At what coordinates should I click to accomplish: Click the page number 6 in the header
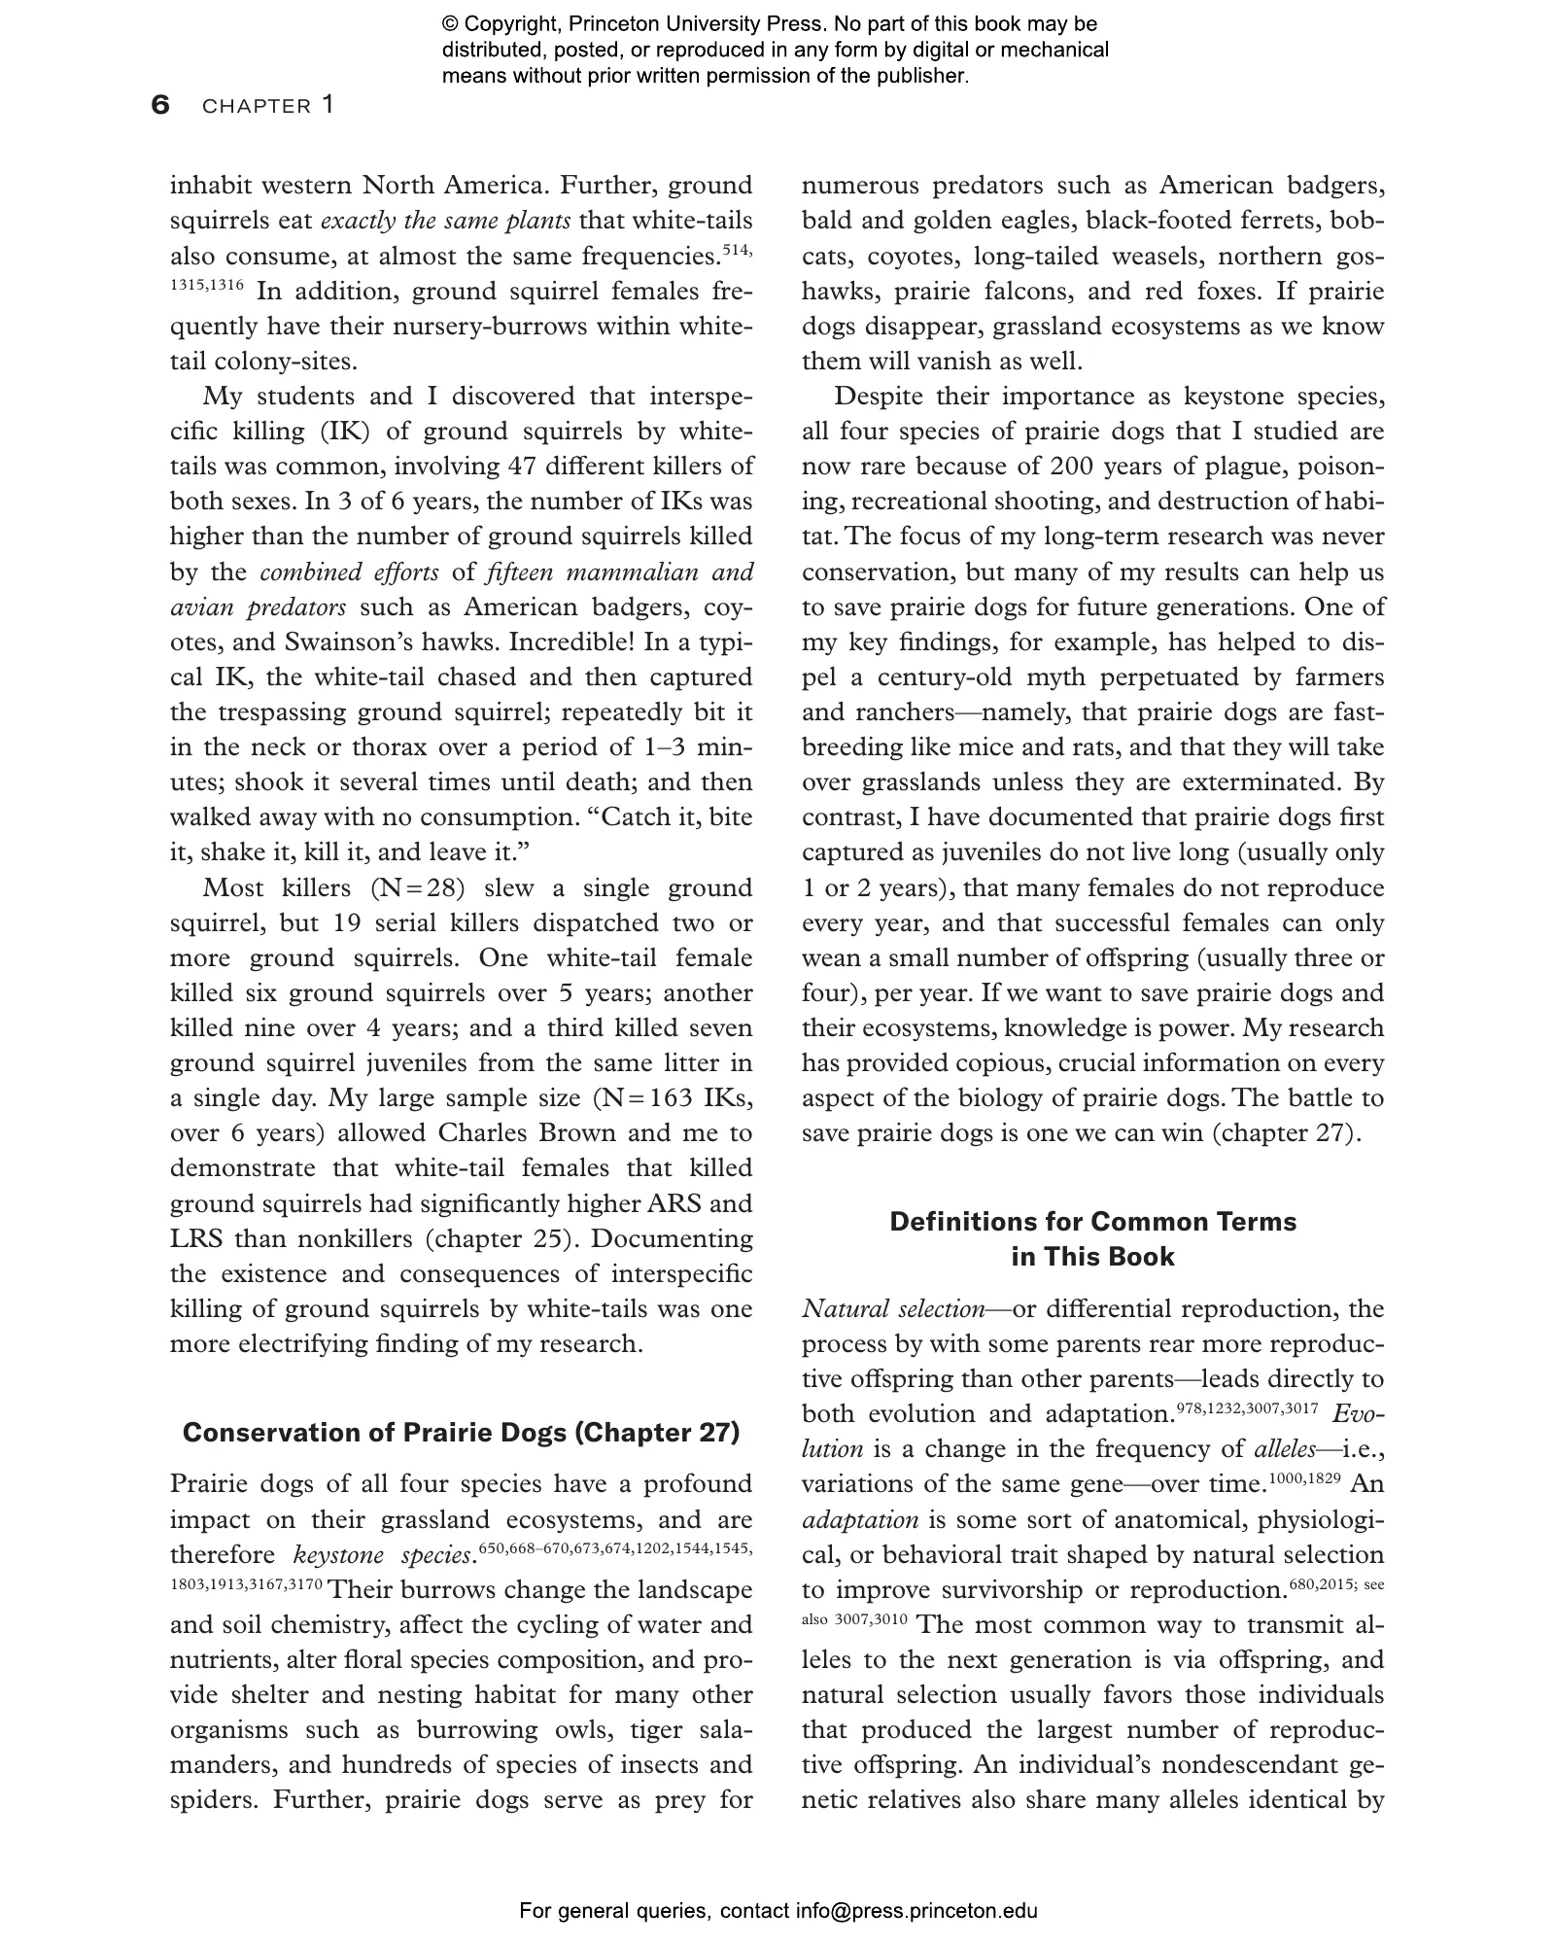160,105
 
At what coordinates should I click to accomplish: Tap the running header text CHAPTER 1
267,106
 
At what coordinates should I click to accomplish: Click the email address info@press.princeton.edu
916,1911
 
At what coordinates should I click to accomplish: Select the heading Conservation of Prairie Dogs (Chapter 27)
461,1433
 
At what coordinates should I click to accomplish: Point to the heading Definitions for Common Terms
1092,1222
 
